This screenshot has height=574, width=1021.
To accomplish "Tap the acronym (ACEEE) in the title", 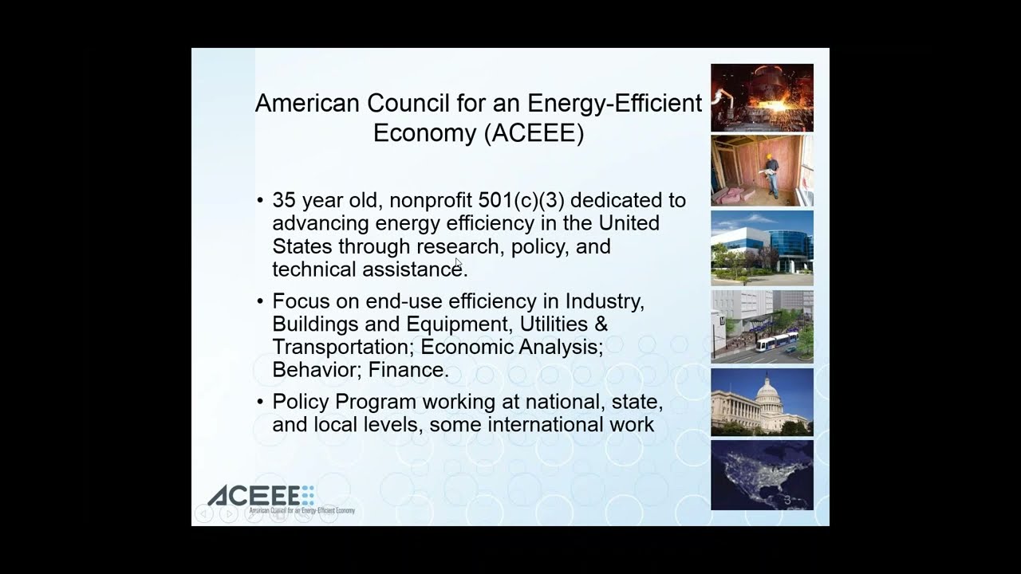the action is tap(534, 133).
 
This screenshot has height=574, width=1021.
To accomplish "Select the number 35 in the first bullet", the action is tap(284, 200).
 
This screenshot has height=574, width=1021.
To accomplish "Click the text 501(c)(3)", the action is tap(522, 200).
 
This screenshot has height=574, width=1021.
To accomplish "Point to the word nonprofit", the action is tap(430, 201).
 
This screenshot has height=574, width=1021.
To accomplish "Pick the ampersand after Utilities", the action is tap(601, 324).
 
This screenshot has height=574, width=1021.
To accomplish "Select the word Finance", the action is tap(408, 369).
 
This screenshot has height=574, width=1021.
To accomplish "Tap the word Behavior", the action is tap(317, 369).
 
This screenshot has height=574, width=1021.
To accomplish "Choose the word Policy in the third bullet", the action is tap(301, 403).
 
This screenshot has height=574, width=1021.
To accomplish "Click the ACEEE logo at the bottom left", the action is tap(281, 500).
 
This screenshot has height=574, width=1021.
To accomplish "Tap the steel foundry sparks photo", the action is tap(762, 97).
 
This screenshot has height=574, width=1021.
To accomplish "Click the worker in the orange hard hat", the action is tap(771, 176).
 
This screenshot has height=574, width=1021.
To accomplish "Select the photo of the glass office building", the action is tap(762, 248).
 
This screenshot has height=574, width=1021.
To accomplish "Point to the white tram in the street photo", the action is tap(777, 342).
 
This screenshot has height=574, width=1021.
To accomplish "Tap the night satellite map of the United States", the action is tap(762, 474).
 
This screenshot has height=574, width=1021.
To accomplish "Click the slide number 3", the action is tap(787, 500).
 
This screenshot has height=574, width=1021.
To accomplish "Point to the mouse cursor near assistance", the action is tap(459, 264).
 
